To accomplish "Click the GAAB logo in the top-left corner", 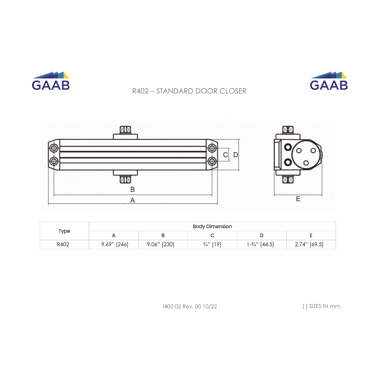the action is (51, 81).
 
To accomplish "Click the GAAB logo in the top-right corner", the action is (329, 81).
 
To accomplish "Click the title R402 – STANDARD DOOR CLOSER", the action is (189, 91).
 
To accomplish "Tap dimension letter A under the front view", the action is (132, 200).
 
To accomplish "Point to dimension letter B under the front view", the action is (132, 189).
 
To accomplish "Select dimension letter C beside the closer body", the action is (225, 155).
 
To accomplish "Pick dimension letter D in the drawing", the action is (236, 155).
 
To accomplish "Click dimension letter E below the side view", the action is (298, 199).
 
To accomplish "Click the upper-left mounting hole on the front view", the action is (54, 148).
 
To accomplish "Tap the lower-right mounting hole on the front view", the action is (212, 161).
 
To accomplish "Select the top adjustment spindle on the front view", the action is (125, 130).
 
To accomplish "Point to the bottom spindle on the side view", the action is (288, 180).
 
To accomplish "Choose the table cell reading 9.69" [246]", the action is (115, 244).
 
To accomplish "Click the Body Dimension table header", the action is (212, 226).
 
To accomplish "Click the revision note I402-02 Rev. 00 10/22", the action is (190, 307).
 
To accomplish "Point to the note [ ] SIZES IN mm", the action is (321, 306).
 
